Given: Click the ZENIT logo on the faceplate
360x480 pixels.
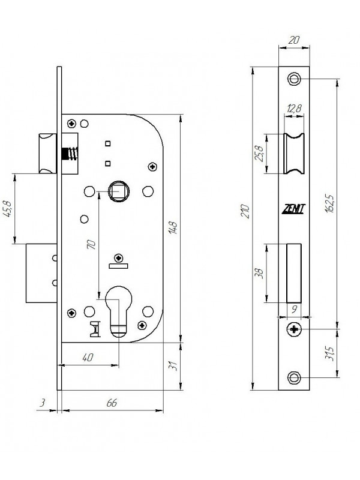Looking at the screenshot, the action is point(293,209).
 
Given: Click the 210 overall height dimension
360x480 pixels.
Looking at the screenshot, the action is point(245,211).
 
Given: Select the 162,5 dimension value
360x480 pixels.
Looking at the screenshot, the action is point(329,203).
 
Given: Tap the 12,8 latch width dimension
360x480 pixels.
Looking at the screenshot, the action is point(294,109).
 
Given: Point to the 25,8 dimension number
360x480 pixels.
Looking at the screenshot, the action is point(259,154).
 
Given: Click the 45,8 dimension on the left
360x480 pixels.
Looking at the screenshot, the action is point(7,209).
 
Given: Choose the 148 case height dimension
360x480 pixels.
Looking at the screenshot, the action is point(173,227).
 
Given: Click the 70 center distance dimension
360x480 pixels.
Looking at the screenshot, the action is point(91,244).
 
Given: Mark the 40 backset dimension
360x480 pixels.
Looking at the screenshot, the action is point(88,357).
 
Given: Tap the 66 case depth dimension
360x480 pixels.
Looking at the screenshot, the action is point(112,403).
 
